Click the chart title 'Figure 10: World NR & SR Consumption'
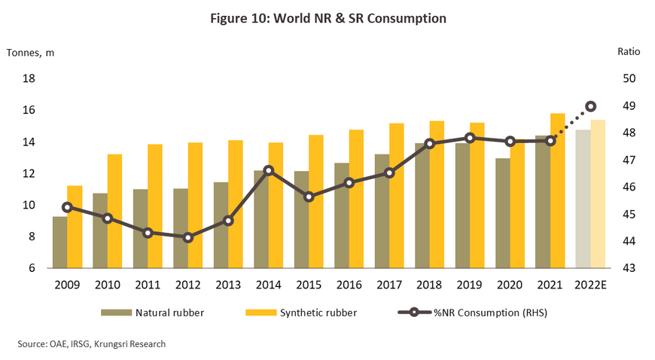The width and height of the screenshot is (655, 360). pyautogui.click(x=327, y=18)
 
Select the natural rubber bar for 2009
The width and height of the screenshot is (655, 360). pyautogui.click(x=59, y=242)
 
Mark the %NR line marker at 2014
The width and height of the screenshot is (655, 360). pyautogui.click(x=269, y=171)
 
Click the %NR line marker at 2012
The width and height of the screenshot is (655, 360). pyautogui.click(x=188, y=237)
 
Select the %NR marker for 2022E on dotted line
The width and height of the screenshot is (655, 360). pyautogui.click(x=591, y=106)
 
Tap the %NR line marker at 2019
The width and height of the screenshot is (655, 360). pyautogui.click(x=470, y=138)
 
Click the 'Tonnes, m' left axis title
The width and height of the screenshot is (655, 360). pyautogui.click(x=30, y=53)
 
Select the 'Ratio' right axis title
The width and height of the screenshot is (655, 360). pyautogui.click(x=629, y=53)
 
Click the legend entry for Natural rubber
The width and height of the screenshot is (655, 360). pyautogui.click(x=166, y=312)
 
